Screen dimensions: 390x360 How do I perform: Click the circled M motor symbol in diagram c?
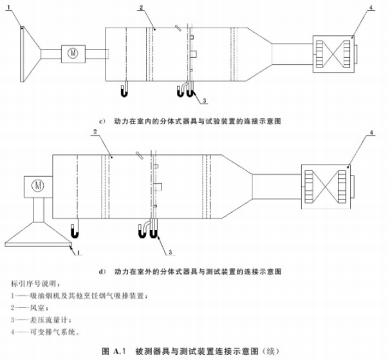point(73,53)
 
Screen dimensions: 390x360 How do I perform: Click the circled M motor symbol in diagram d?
point(38,186)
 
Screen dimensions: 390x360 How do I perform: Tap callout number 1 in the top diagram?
point(9,7)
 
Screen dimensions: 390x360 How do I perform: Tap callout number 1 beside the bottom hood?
point(79,253)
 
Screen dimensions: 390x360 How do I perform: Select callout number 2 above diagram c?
point(141,8)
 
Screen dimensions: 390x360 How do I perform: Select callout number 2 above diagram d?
point(95,131)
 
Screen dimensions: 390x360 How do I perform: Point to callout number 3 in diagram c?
point(204,101)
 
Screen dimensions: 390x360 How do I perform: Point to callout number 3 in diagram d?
point(171,252)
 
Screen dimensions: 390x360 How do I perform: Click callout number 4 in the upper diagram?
point(371,8)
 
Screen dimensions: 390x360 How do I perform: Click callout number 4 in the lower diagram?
point(371,132)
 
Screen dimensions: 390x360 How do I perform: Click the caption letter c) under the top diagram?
point(102,122)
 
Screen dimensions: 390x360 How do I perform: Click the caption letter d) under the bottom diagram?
point(103,271)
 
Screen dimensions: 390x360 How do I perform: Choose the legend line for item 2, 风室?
point(30,308)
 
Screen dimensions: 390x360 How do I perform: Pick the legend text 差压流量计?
point(48,319)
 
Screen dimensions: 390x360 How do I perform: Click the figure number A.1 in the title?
point(120,352)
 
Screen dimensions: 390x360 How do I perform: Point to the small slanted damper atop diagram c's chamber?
point(178,28)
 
